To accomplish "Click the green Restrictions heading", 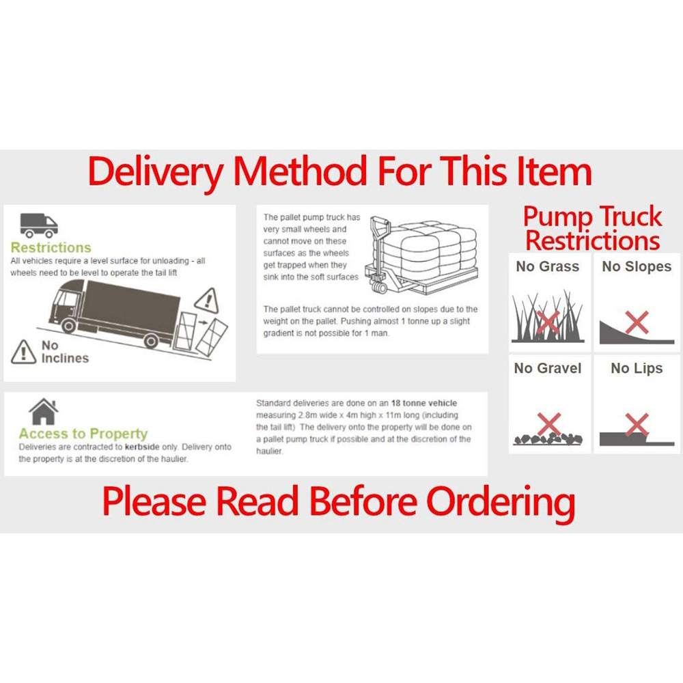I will [x=51, y=248].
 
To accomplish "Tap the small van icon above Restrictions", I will [x=38, y=225].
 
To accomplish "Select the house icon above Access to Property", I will [x=43, y=413].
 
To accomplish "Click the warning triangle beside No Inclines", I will [x=23, y=351].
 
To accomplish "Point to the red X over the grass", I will [x=548, y=321].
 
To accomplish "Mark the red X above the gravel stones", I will [x=548, y=423].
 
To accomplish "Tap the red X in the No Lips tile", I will [x=637, y=425].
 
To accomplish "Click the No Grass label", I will [x=548, y=266].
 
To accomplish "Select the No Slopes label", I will [x=637, y=266].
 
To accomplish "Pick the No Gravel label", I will [x=548, y=369].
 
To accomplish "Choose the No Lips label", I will [x=637, y=369].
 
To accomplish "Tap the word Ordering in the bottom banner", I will [x=501, y=502].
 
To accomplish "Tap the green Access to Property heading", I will [x=83, y=434].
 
